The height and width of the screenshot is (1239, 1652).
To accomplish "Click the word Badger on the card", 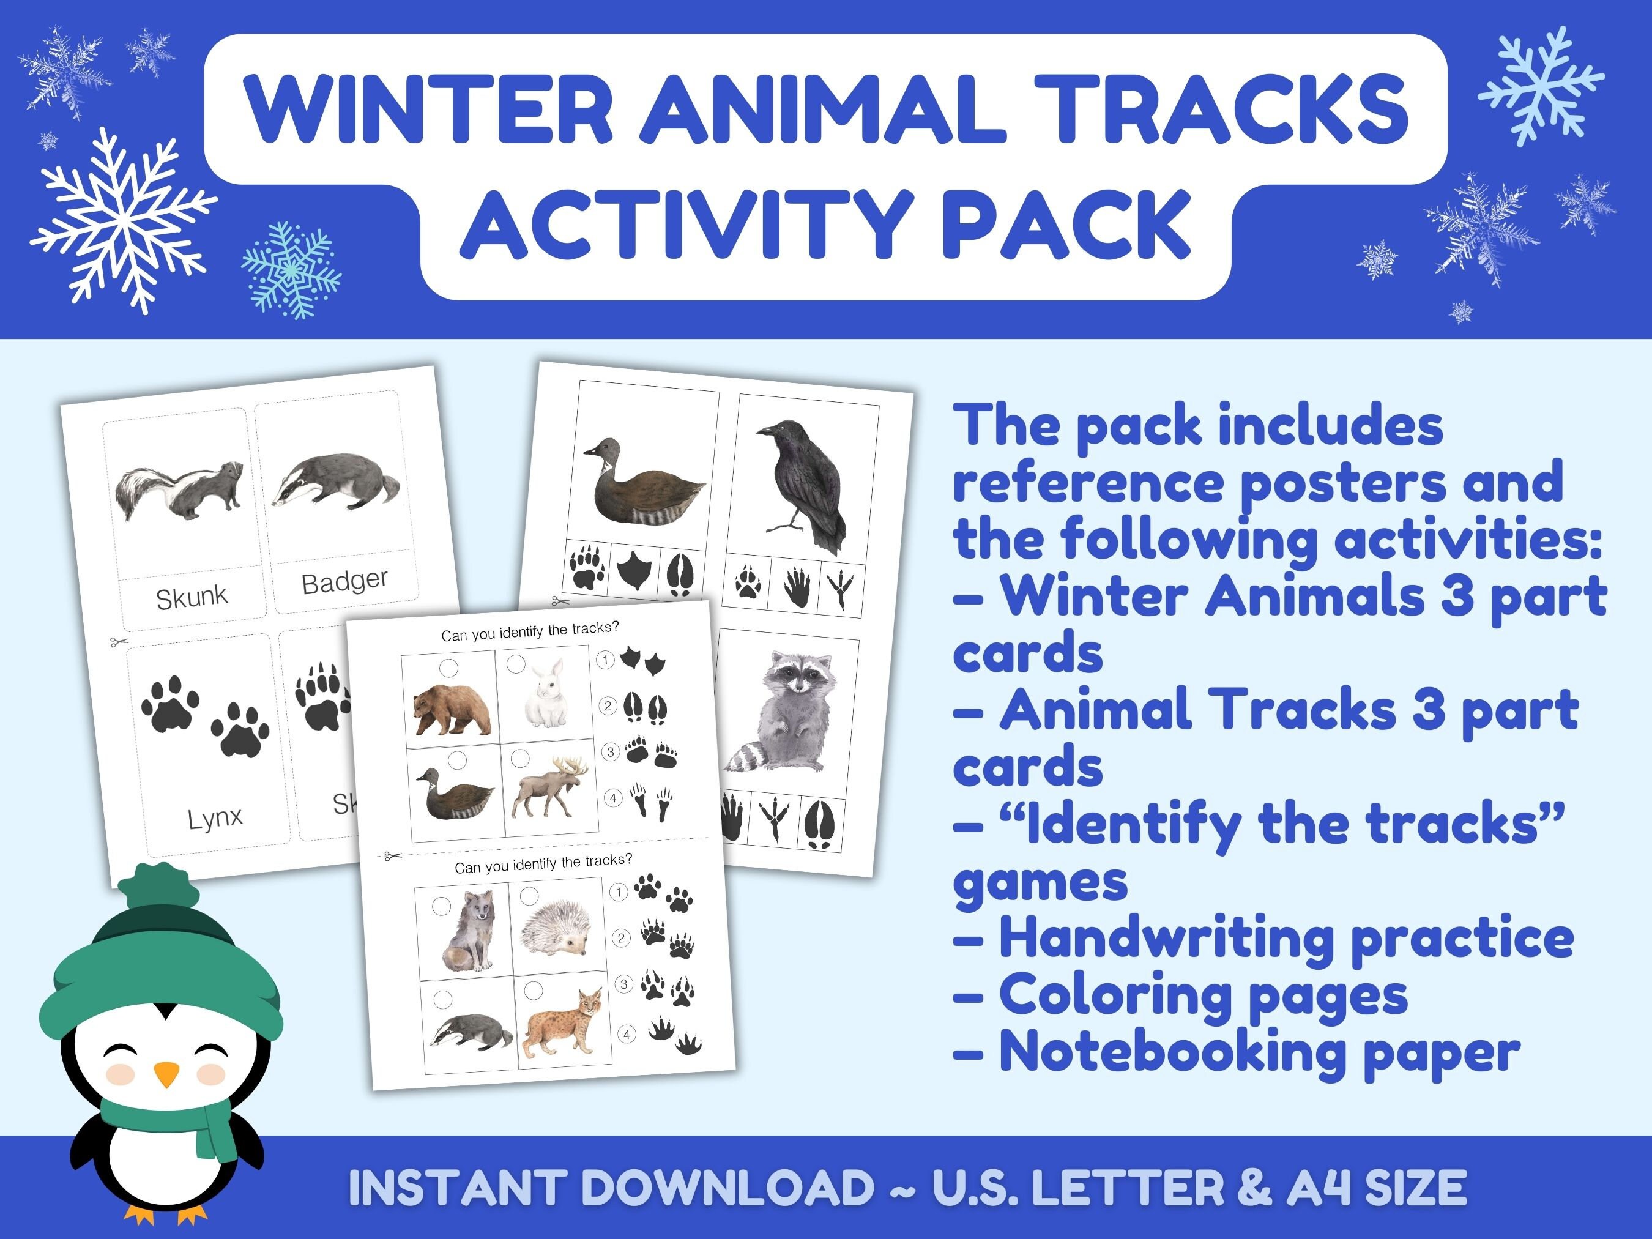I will [345, 582].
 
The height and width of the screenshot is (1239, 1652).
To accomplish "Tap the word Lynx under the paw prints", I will [215, 819].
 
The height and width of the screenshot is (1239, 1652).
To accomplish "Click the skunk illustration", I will [179, 490].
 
